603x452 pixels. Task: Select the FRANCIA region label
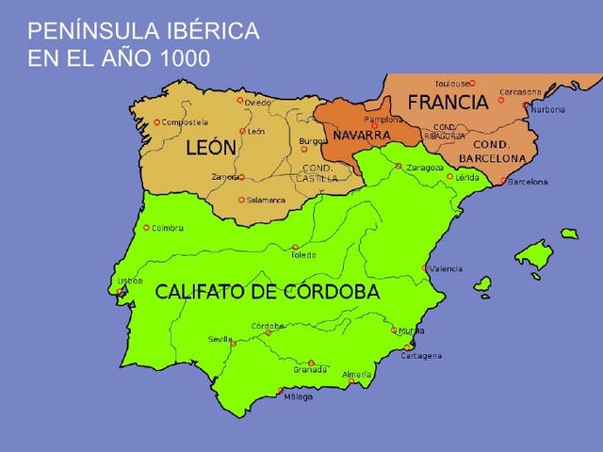coord(448,103)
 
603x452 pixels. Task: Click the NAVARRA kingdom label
coord(362,136)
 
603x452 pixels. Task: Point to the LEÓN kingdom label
coord(211,148)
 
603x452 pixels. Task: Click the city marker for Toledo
coord(295,247)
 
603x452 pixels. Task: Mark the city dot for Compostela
coord(157,122)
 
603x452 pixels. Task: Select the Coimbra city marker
coord(147,227)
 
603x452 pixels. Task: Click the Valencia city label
coord(446,268)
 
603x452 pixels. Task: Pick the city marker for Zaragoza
coord(399,166)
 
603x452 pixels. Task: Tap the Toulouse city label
coord(452,83)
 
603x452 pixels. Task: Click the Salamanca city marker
coord(241,200)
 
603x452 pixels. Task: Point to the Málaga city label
coord(298,396)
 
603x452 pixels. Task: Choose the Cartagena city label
coord(421,356)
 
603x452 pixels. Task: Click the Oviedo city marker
coord(240,99)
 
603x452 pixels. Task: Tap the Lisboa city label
coord(129,281)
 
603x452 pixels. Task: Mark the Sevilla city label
coord(220,339)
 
